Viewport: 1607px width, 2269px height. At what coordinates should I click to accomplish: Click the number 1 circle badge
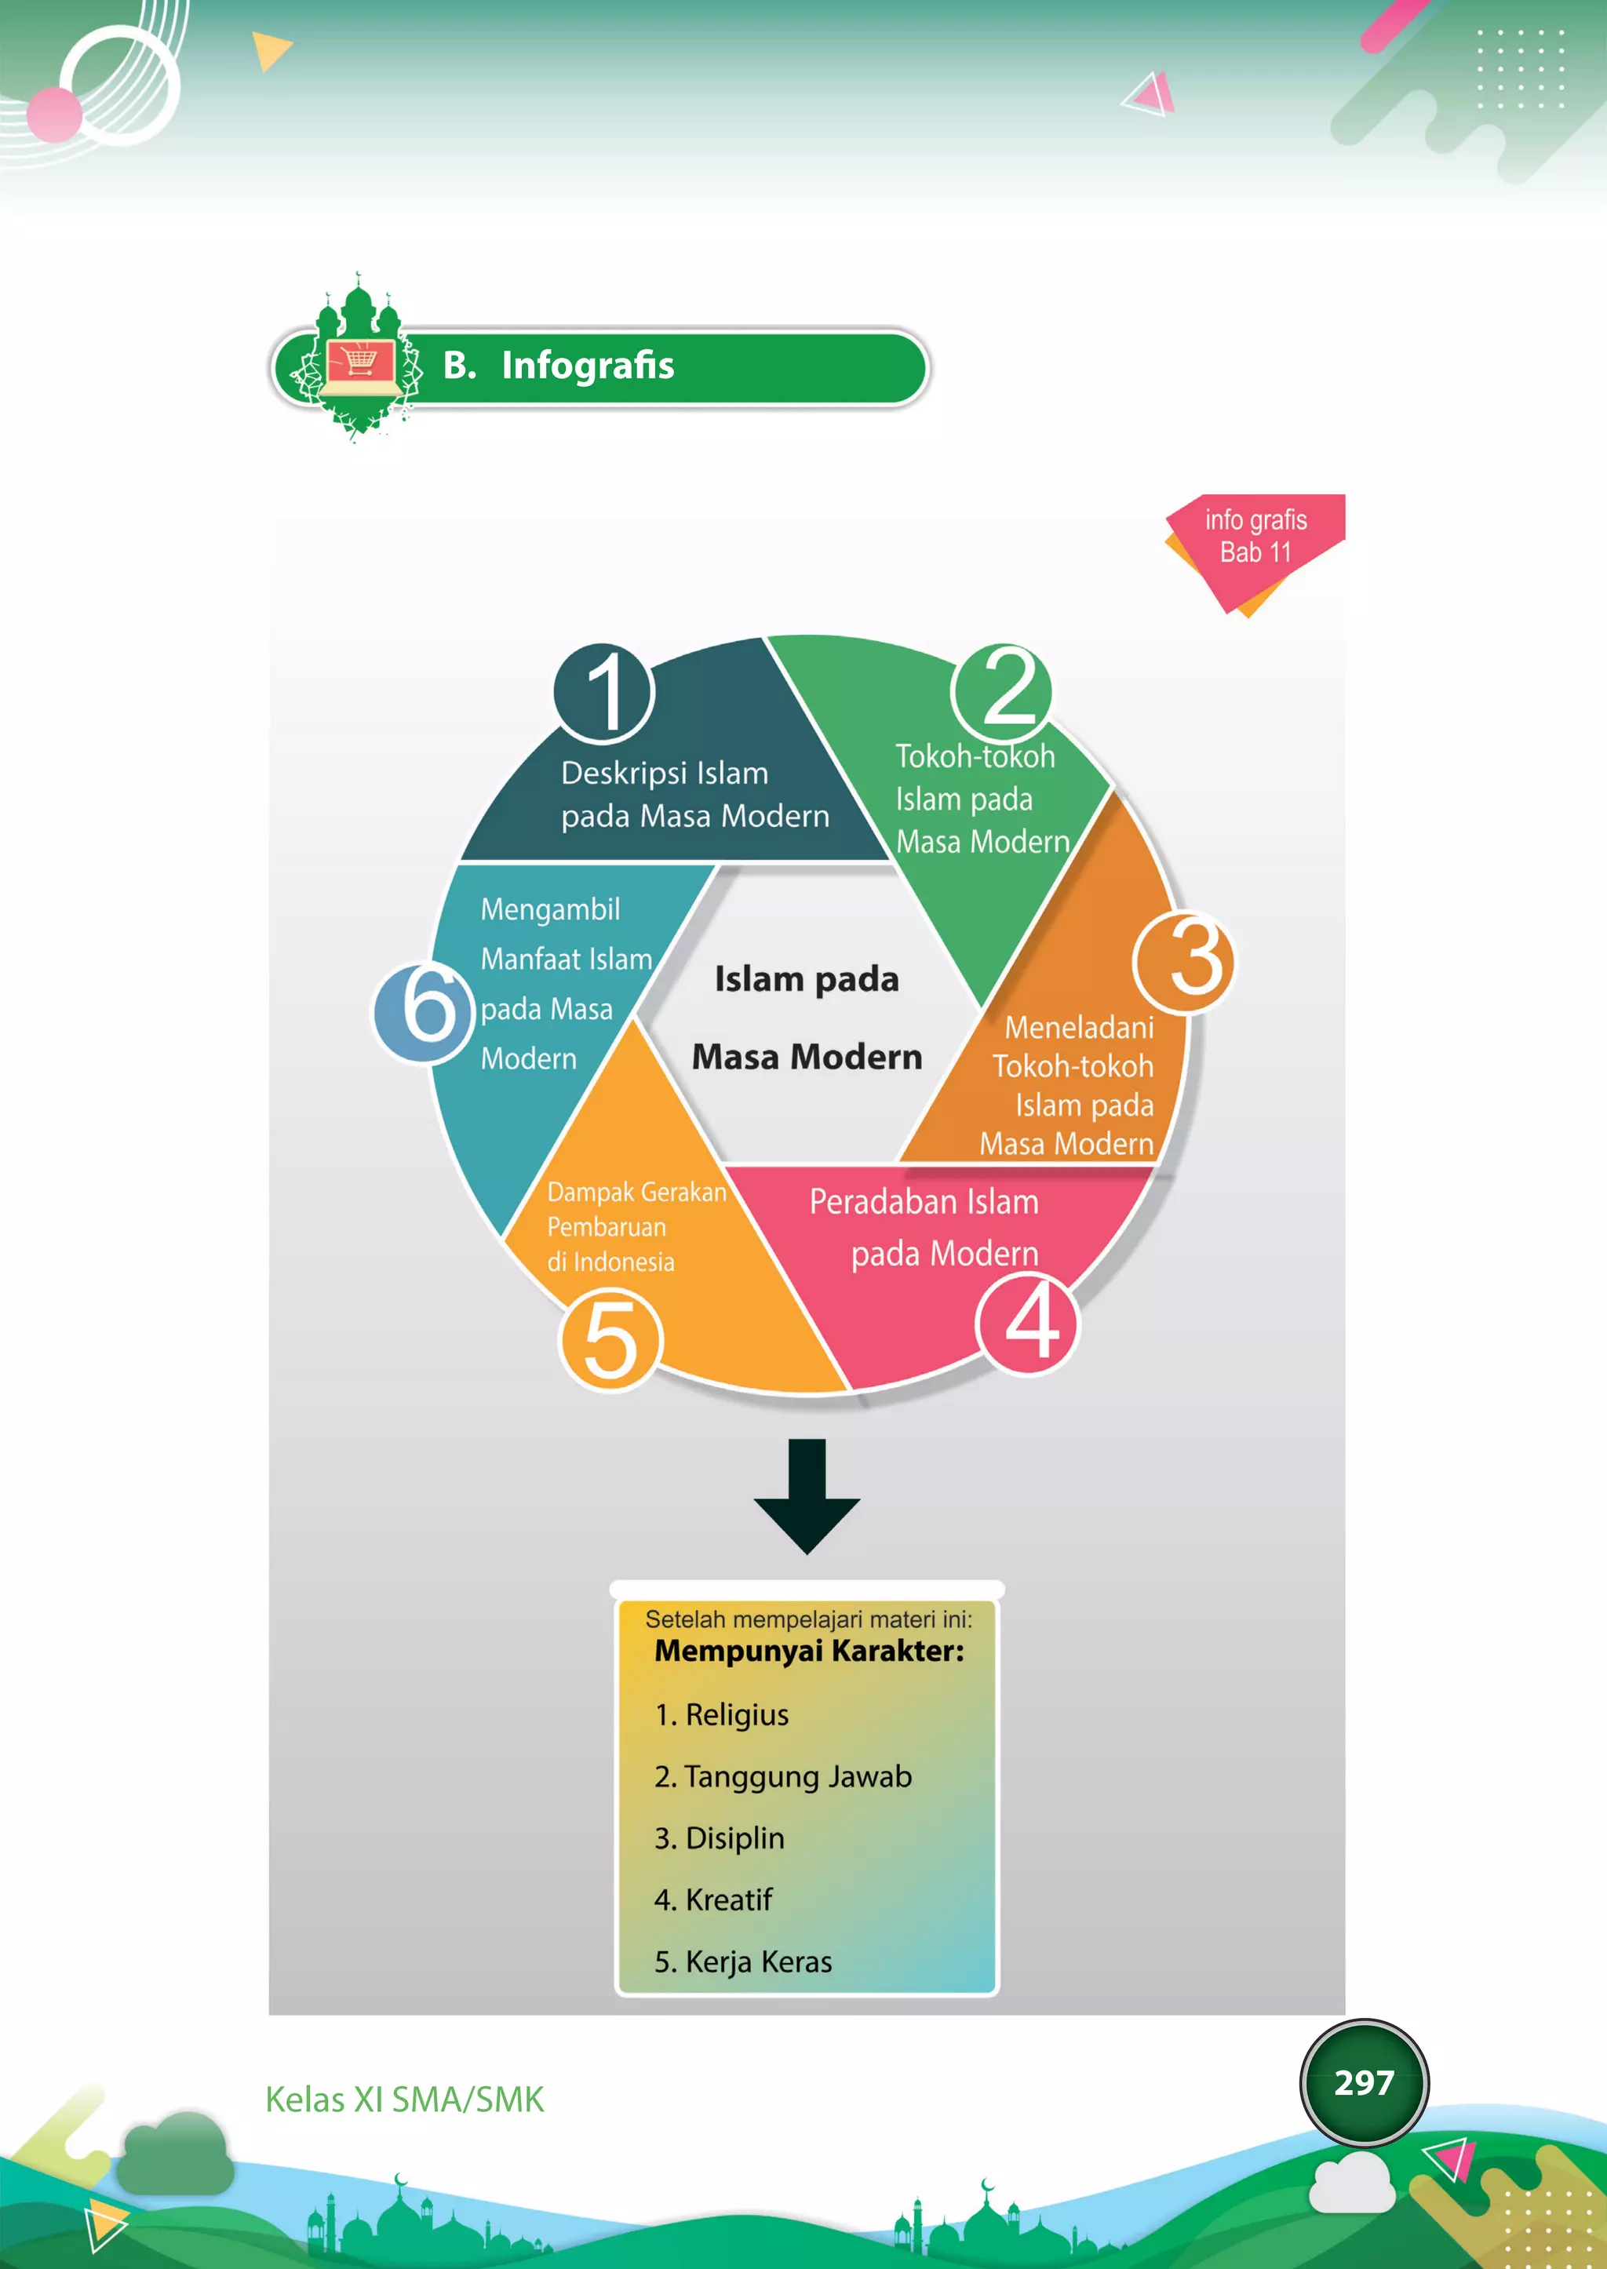tap(603, 693)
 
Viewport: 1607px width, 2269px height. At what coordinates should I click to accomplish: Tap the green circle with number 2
tap(1001, 692)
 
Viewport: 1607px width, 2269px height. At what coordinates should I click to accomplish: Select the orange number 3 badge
tap(1183, 962)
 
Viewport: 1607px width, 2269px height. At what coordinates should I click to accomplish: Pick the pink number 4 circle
tap(1027, 1324)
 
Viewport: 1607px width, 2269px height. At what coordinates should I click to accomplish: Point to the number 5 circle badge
tap(610, 1341)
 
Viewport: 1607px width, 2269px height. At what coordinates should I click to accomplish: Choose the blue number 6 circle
tap(424, 1012)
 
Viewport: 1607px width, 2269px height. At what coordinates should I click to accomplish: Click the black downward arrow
tap(807, 1496)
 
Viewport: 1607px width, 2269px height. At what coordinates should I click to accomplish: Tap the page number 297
tap(1364, 2083)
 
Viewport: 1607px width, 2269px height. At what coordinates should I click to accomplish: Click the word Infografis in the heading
tap(588, 365)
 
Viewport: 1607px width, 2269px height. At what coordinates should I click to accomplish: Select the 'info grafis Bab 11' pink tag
tap(1255, 550)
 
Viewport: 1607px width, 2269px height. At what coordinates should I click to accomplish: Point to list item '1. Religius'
tap(721, 1715)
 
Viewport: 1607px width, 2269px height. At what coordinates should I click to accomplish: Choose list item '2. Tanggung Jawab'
tap(783, 1777)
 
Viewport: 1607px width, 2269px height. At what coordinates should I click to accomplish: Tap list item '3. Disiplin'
tap(720, 1838)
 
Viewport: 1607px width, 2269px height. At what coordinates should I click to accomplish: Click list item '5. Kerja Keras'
tap(743, 1962)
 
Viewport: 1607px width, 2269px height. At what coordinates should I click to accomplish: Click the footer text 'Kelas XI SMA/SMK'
tap(405, 2100)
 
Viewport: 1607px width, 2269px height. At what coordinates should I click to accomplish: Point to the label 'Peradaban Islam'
tap(924, 1202)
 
